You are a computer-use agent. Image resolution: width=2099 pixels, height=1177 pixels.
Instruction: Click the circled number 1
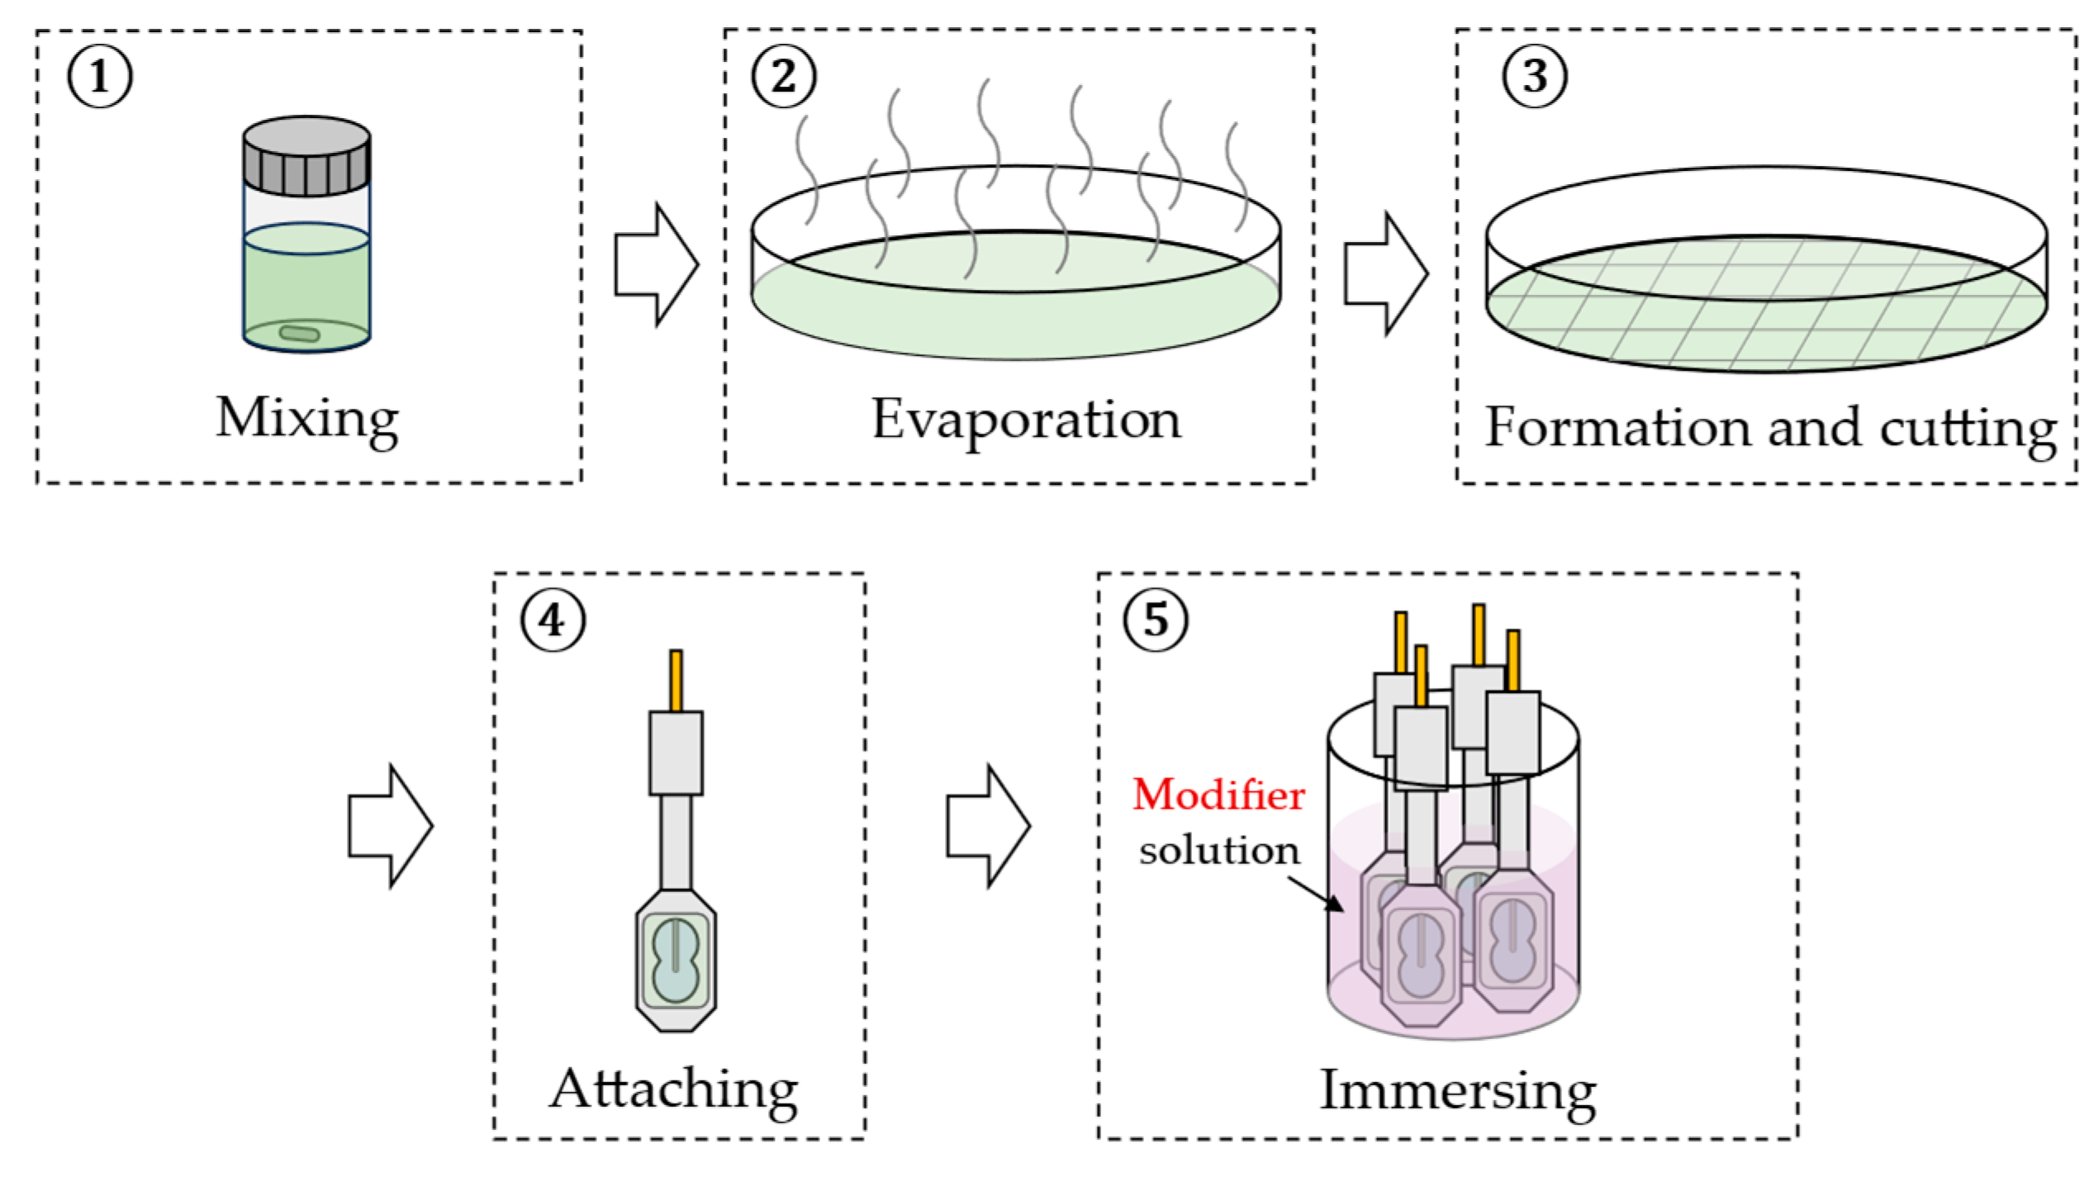(x=99, y=76)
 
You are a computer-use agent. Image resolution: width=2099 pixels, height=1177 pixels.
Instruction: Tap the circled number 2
(x=783, y=76)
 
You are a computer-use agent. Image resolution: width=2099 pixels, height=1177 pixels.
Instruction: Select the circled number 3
(x=1534, y=76)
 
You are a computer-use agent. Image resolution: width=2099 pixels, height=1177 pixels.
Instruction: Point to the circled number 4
(x=553, y=619)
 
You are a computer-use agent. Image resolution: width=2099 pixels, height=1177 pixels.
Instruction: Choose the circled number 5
(x=1155, y=619)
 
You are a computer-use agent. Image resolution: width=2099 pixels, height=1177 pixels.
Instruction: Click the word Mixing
(x=307, y=420)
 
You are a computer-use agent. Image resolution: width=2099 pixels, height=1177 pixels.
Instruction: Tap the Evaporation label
(x=1026, y=421)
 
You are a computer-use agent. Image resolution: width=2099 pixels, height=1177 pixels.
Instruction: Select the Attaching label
(x=674, y=1090)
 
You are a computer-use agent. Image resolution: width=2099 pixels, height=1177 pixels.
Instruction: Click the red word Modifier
(x=1218, y=795)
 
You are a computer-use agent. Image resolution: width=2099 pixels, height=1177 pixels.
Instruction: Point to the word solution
(x=1218, y=851)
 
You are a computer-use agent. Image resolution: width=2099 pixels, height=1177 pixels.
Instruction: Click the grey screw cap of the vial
(x=306, y=157)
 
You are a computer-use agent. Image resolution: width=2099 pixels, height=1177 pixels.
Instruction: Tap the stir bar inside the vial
(x=299, y=334)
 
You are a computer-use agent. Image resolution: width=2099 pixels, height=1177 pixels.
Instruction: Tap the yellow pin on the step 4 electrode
(x=676, y=681)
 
